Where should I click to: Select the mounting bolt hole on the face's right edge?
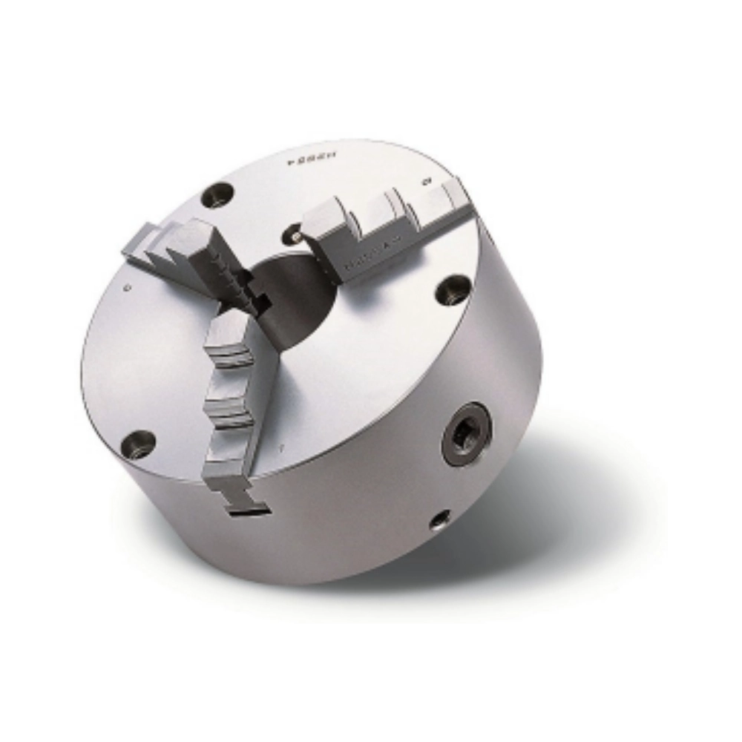tap(453, 289)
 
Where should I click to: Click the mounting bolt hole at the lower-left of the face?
tap(139, 444)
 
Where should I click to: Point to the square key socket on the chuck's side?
tap(467, 433)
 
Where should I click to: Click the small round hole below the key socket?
tap(439, 519)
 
